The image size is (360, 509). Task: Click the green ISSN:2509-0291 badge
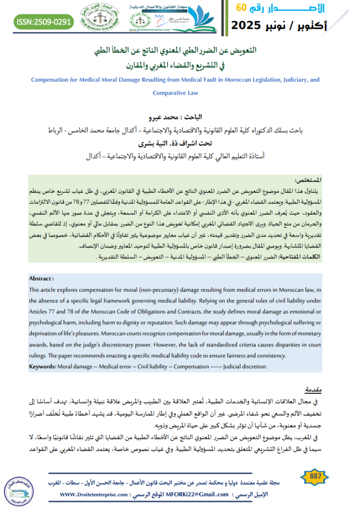tap(44, 22)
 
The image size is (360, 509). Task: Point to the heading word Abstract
tap(41, 278)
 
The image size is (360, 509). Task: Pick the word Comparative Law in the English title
tap(176, 92)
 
